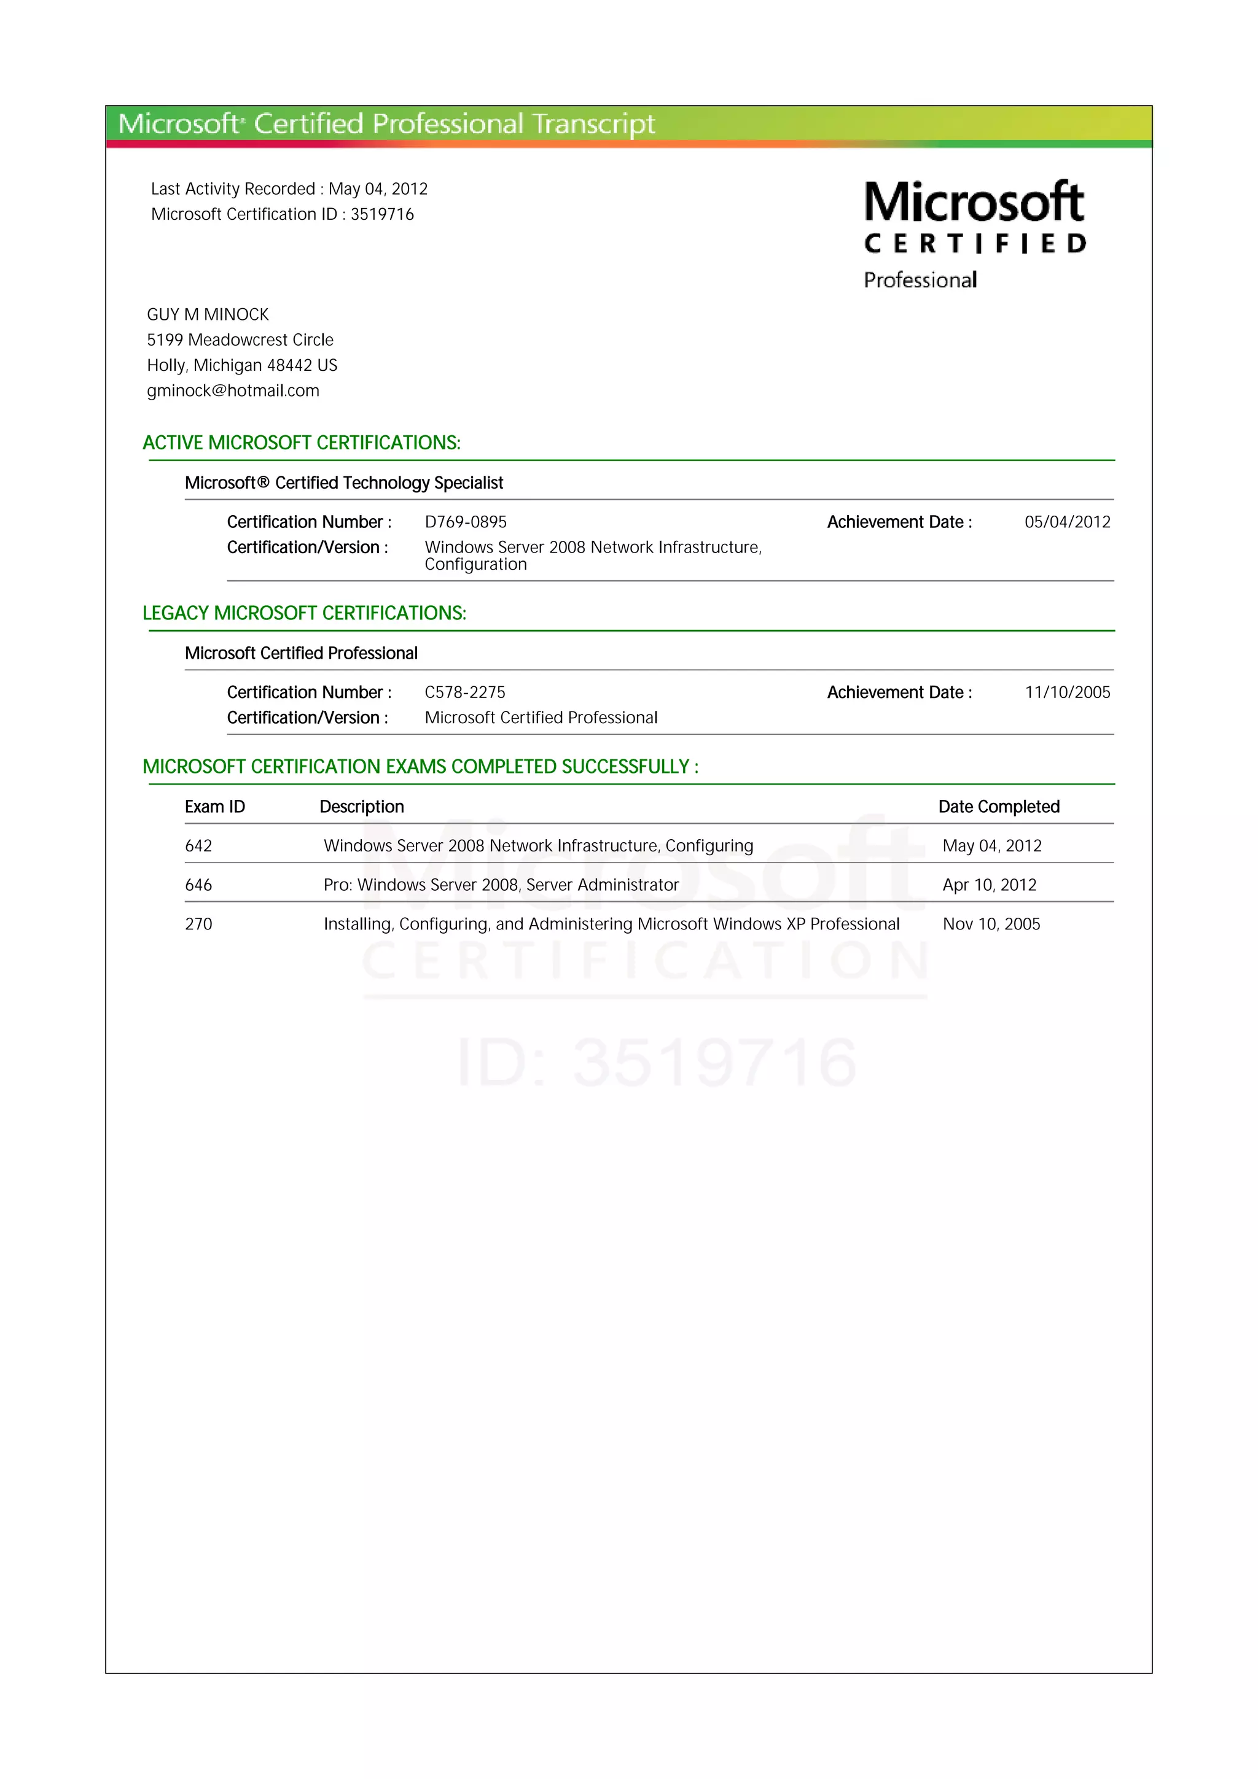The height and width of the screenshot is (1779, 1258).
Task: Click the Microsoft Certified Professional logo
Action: [974, 234]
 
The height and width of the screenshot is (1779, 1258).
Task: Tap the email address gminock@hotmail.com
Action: [233, 390]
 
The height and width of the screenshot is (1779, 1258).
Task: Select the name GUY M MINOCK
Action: [208, 314]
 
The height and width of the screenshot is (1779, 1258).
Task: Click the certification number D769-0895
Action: [465, 522]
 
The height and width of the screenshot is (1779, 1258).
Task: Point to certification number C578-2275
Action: [464, 692]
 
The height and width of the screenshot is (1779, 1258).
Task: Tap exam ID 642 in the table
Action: [198, 846]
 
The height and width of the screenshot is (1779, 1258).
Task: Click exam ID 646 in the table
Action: [198, 885]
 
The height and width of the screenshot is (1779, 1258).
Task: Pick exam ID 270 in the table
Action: [198, 924]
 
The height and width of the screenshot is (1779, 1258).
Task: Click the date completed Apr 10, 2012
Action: [989, 885]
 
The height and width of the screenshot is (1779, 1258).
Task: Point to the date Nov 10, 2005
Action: [991, 924]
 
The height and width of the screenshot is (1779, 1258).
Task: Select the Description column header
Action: [361, 807]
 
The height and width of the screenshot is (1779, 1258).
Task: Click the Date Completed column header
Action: [998, 807]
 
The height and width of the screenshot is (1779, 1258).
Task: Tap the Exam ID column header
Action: [215, 807]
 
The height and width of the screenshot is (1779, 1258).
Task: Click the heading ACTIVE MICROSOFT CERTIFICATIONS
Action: [302, 443]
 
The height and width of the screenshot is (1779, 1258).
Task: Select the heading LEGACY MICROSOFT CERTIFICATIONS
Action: [305, 613]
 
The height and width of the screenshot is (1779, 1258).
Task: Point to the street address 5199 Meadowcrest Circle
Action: [240, 340]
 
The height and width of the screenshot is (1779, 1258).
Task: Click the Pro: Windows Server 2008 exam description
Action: [501, 885]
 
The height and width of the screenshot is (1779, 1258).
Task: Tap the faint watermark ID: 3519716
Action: [657, 1061]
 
